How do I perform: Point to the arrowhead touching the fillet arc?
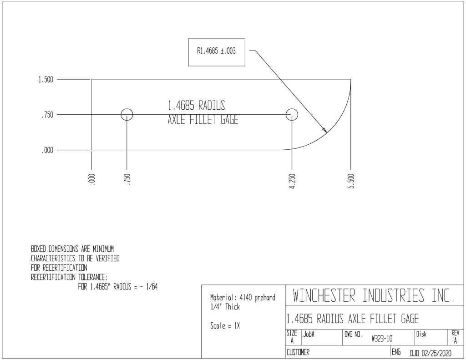(325, 130)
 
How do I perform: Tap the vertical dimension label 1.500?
(46, 80)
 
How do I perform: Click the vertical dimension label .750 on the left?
(47, 115)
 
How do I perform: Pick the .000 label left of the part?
(47, 150)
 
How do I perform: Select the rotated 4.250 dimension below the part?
(293, 181)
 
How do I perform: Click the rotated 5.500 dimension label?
(351, 181)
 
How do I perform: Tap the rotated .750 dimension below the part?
(127, 179)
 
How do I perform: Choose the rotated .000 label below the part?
(92, 179)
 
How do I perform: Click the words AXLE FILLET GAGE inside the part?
(203, 120)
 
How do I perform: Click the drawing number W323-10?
(382, 339)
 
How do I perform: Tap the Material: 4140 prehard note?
(243, 298)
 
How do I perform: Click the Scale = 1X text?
(225, 326)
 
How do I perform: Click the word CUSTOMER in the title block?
(298, 353)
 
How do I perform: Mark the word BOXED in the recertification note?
(39, 249)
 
